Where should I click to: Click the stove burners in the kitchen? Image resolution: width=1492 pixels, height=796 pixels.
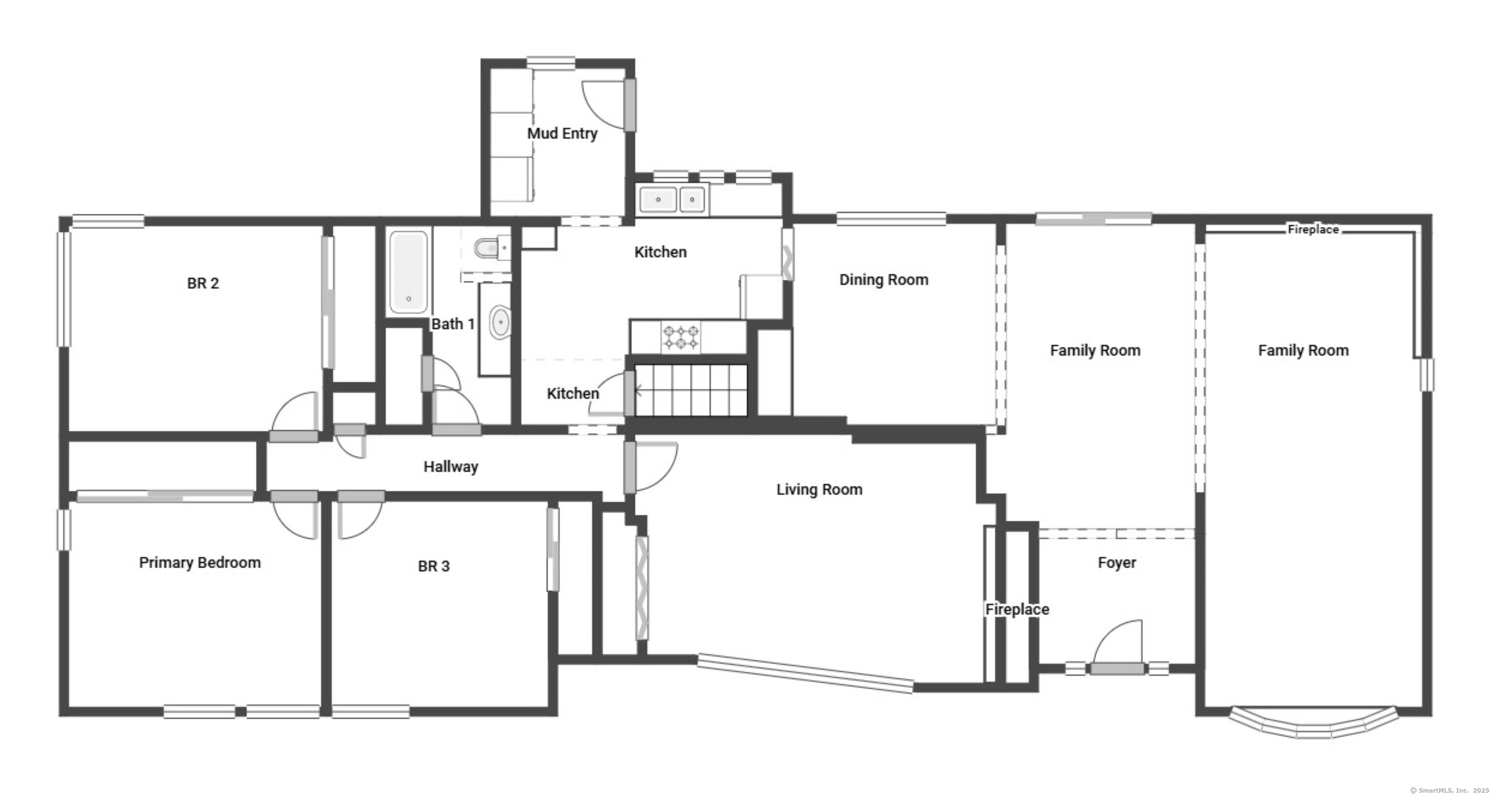click(681, 337)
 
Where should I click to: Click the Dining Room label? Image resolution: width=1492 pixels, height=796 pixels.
click(884, 280)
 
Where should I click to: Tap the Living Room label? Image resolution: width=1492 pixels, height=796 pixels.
click(819, 490)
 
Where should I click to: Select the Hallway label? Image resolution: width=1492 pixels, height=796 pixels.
click(451, 466)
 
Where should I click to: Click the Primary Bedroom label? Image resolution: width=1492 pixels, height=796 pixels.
click(200, 563)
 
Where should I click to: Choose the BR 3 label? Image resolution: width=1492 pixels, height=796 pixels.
click(434, 566)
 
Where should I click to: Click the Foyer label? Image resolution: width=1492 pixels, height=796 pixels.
click(1117, 563)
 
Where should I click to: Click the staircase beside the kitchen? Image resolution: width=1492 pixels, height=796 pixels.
click(691, 390)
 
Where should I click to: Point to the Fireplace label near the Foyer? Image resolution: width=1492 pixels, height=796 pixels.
click(1017, 610)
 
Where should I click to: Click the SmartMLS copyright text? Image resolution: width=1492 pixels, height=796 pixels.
click(1449, 790)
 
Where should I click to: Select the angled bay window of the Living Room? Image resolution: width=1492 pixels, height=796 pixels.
click(806, 673)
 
